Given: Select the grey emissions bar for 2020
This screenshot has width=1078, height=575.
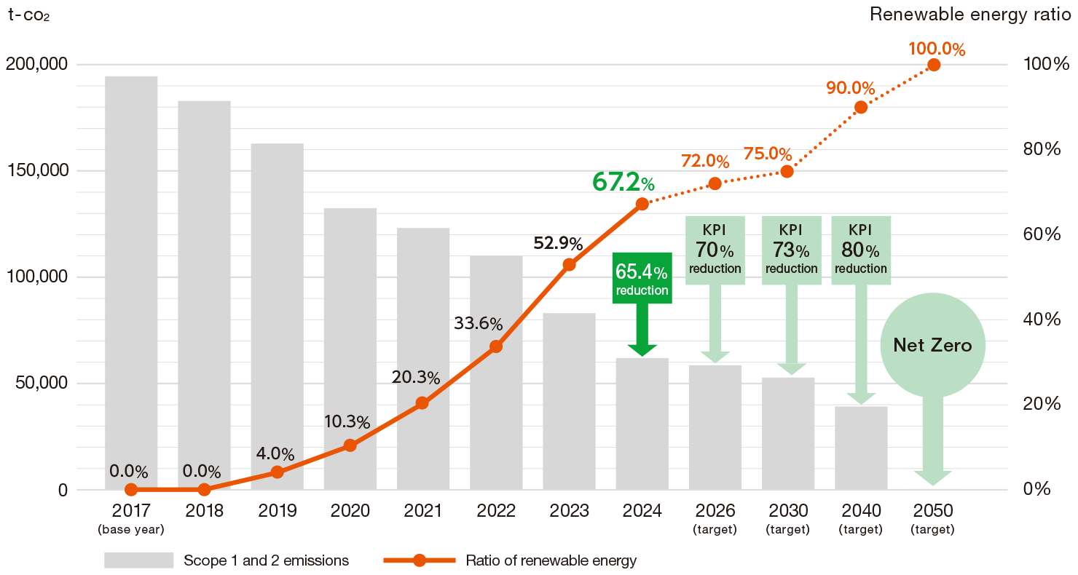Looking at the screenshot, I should coord(350,349).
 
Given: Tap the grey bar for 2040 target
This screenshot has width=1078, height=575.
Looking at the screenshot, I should coord(861,448).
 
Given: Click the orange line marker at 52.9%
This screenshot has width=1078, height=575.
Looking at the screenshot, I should coord(570,265).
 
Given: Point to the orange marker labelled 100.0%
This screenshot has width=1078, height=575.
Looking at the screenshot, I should coord(934,65).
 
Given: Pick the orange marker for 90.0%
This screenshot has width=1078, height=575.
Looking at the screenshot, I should coord(860,107).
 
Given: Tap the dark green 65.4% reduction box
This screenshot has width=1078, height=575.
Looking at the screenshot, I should coord(642,277).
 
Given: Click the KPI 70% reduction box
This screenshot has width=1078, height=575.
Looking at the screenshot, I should coord(715,250).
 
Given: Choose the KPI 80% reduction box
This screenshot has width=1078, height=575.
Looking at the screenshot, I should coord(861,250).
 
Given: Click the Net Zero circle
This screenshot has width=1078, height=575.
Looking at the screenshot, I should coord(933,345).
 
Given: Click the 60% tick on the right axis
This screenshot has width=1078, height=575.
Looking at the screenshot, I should coord(1041,234).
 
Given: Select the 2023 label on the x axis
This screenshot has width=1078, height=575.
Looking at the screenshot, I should coord(570,511).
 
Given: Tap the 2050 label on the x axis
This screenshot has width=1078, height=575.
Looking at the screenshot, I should coord(933,511).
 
